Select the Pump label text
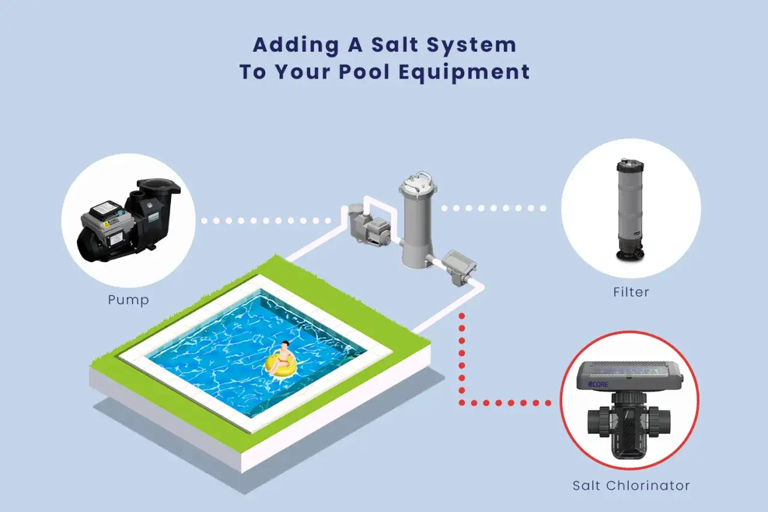pyautogui.click(x=128, y=300)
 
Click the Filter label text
pyautogui.click(x=631, y=292)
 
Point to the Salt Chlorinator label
pyautogui.click(x=631, y=486)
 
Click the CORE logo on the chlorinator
pyautogui.click(x=598, y=384)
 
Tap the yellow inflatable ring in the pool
pyautogui.click(x=280, y=365)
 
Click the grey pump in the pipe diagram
pyautogui.click(x=370, y=225)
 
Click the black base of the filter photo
pyautogui.click(x=630, y=255)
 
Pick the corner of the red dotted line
pyautogui.click(x=462, y=403)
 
